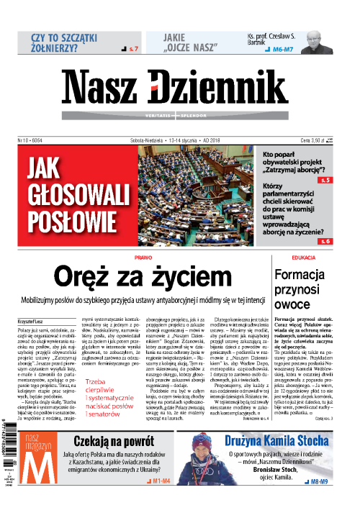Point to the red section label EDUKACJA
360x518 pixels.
pos(305,257)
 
